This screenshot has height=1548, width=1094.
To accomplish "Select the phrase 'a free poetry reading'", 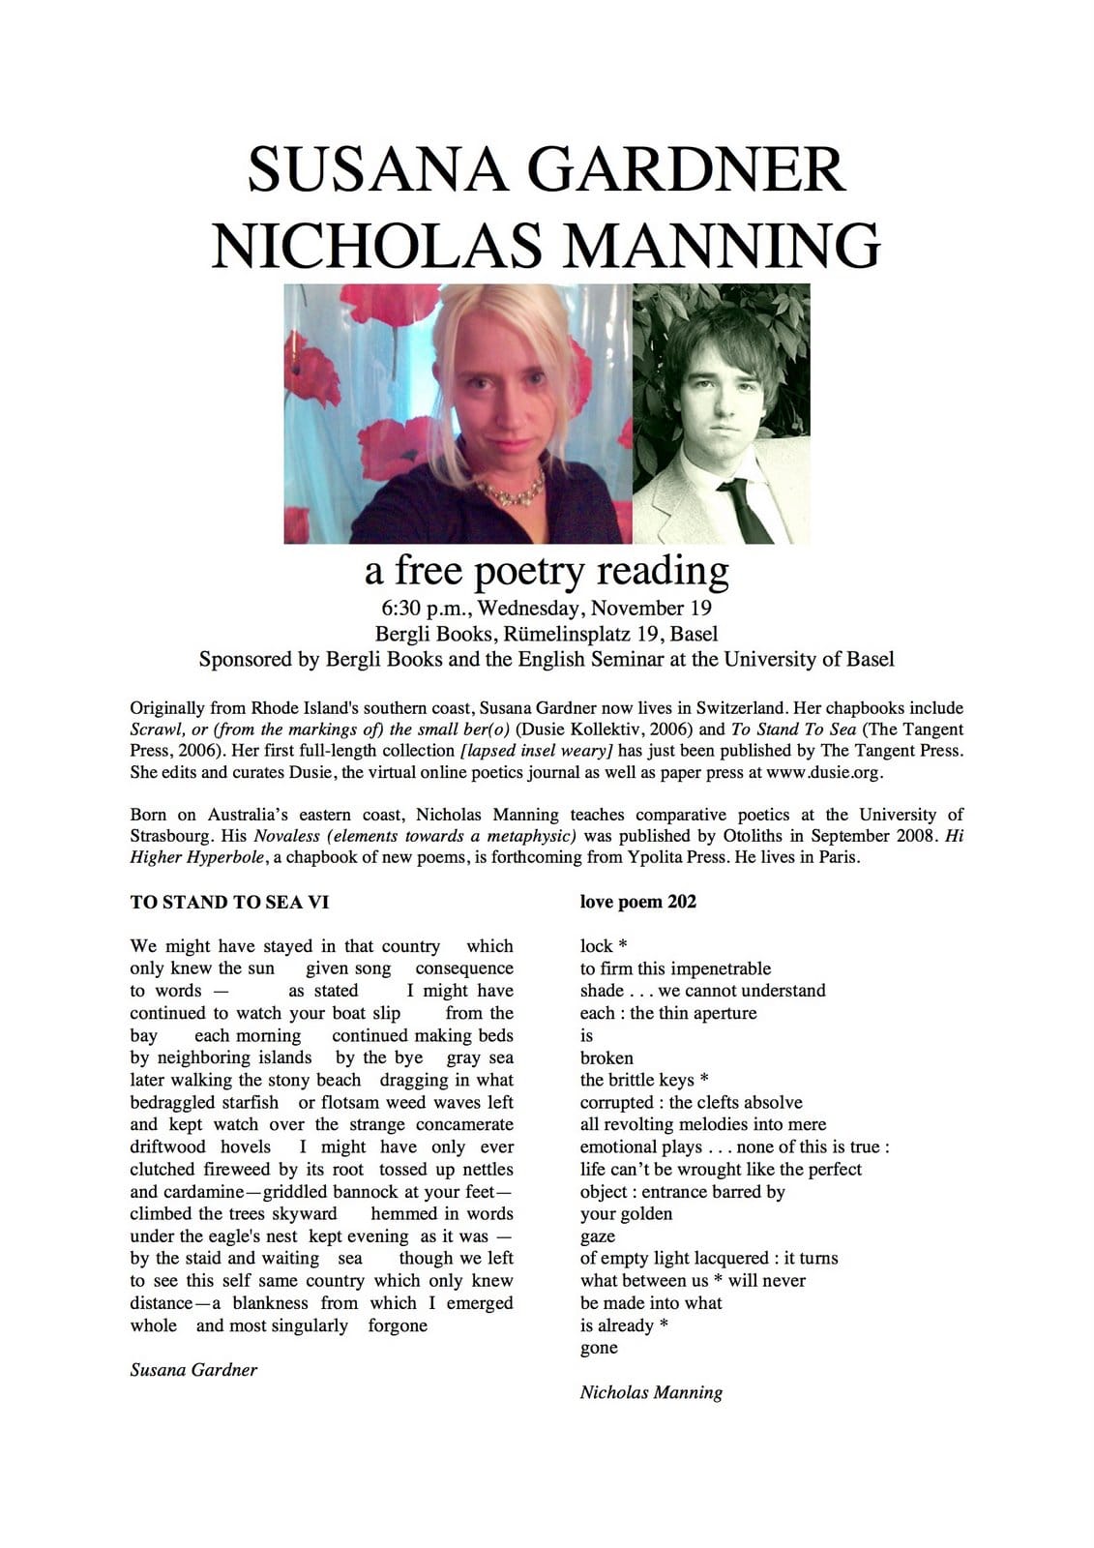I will point(546,571).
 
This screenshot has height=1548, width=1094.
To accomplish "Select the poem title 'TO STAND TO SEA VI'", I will point(229,902).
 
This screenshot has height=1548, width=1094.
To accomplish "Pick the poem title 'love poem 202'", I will point(637,902).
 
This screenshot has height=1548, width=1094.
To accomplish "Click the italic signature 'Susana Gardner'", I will point(193,1369).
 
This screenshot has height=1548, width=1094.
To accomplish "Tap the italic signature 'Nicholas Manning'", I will point(651,1392).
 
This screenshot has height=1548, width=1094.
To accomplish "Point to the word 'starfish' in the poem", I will point(246,1102).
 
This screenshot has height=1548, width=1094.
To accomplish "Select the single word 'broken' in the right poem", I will point(606,1057).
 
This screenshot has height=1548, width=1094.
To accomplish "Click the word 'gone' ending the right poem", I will point(599,1348).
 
